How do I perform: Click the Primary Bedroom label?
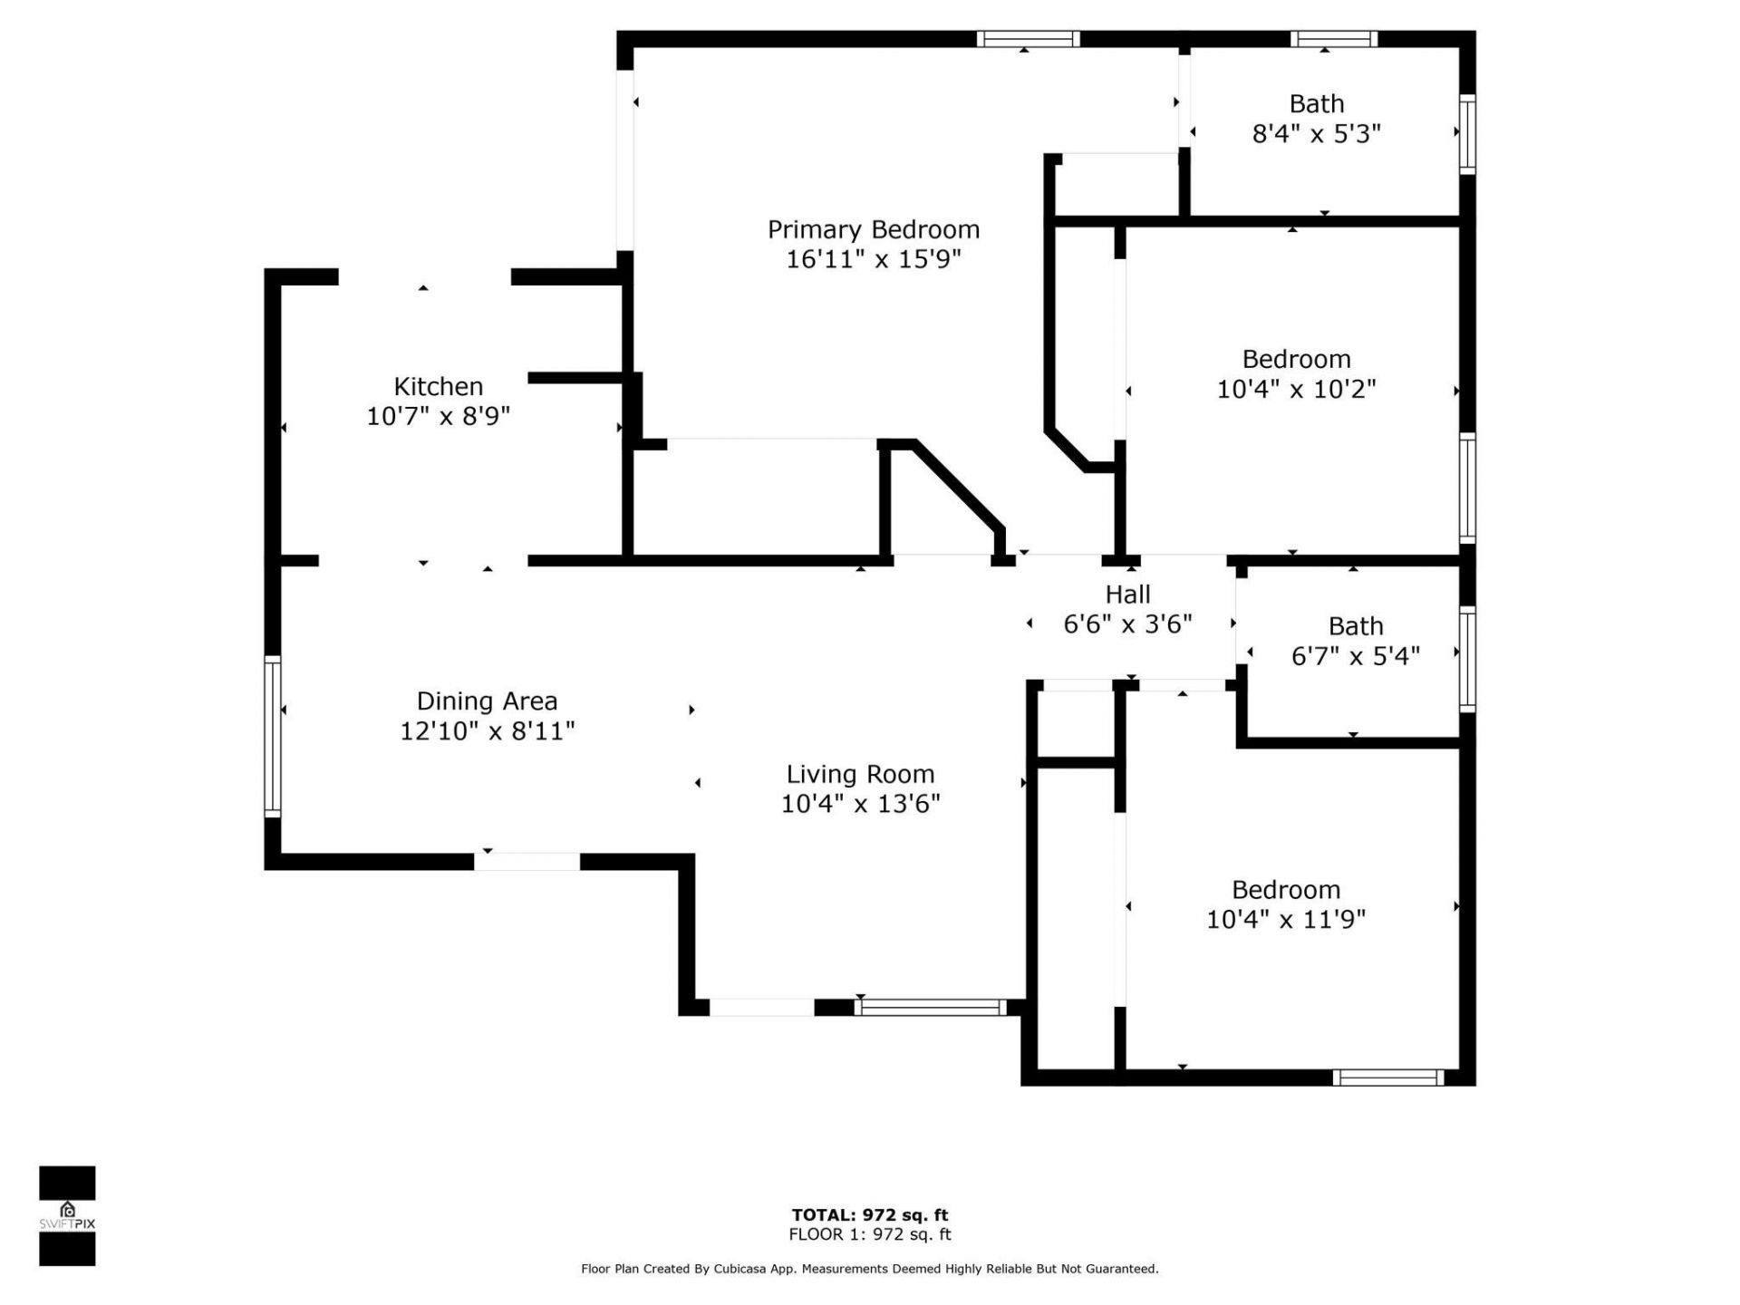(x=873, y=229)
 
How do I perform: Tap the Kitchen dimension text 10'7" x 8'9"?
(x=438, y=416)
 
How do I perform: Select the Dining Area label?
(x=487, y=701)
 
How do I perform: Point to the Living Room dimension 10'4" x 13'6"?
(x=860, y=804)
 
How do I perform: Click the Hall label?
(x=1127, y=594)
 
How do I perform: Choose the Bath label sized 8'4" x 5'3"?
(x=1316, y=103)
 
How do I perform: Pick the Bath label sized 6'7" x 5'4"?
(x=1355, y=626)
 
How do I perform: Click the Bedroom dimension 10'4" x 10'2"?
(x=1296, y=389)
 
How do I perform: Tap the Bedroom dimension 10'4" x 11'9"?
(x=1285, y=919)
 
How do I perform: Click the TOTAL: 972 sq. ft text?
(x=869, y=1215)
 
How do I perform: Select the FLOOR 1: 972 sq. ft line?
(x=869, y=1234)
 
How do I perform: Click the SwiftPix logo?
(x=67, y=1215)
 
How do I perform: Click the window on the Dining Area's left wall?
(x=272, y=735)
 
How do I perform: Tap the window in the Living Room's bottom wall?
(x=930, y=1007)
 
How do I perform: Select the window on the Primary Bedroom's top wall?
(x=1028, y=39)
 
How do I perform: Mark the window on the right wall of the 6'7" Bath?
(x=1466, y=659)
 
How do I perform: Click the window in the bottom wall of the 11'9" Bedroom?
(x=1387, y=1078)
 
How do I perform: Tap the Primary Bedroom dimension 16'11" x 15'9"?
(x=873, y=259)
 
